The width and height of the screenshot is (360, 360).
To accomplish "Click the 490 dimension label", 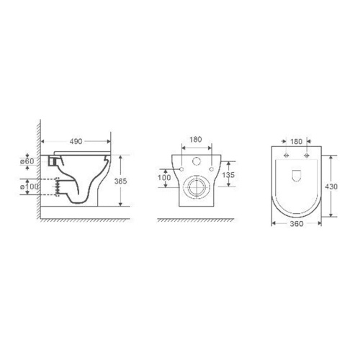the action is click(x=76, y=142).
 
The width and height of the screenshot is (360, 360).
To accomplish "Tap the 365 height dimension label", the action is click(x=120, y=181).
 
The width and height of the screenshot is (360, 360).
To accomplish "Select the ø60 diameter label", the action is click(x=27, y=161).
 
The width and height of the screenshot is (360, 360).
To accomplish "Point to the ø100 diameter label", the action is click(x=30, y=186).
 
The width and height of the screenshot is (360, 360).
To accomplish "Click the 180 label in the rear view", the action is click(x=196, y=140).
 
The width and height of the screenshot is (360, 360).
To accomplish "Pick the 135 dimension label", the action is click(x=228, y=175).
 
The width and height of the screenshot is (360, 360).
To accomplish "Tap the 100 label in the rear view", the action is click(x=164, y=178).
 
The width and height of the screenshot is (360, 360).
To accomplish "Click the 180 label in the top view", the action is click(x=297, y=142).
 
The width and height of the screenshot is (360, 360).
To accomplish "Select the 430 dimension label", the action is click(x=331, y=186).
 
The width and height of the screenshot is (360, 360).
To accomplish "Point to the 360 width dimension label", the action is click(x=297, y=224).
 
